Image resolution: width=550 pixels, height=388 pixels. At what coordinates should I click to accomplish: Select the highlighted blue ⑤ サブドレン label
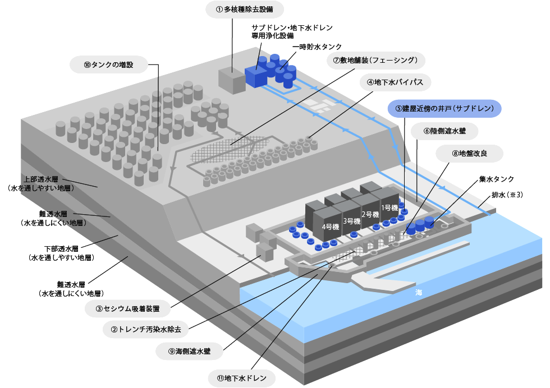pos(444,108)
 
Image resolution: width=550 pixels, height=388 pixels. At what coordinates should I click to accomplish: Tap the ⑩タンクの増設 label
pos(109,64)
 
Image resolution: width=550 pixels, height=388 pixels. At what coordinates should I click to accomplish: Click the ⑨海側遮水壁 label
pos(189,352)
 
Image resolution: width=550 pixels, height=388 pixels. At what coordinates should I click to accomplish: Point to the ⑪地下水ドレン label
pos(241,377)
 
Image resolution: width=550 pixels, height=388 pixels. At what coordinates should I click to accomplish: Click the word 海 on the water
pos(419,293)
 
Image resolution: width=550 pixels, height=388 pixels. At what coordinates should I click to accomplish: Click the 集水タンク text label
pos(496,179)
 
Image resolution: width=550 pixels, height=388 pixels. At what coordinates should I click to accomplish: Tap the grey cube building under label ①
pos(231,82)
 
